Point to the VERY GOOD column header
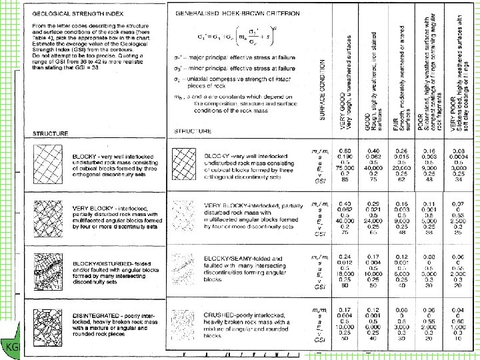coord(345,87)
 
